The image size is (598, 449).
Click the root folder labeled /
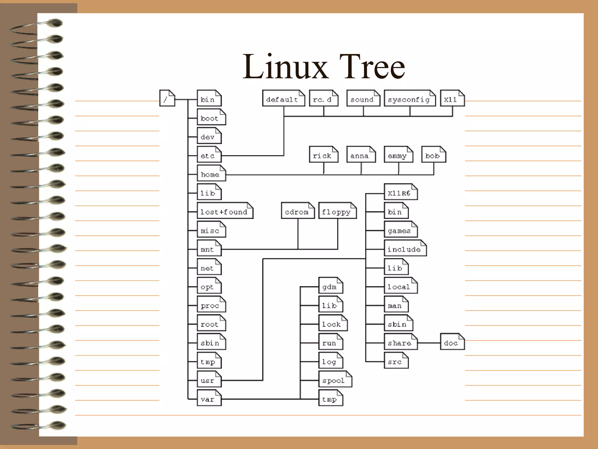[x=167, y=99]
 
